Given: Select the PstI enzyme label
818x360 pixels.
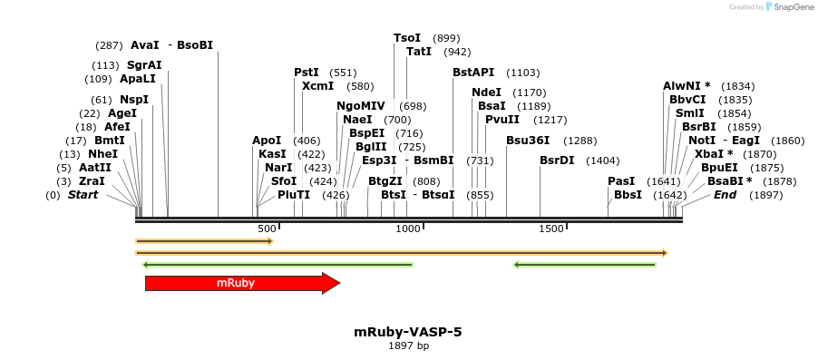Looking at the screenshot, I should (x=307, y=73).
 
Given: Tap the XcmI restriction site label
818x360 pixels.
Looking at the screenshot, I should (x=318, y=86).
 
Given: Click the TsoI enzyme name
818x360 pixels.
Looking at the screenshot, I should (x=407, y=38).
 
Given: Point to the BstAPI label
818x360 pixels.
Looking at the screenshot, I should (x=474, y=73).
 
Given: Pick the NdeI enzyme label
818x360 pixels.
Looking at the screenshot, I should (x=487, y=92).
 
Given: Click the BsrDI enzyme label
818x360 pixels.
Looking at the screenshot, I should (x=557, y=161).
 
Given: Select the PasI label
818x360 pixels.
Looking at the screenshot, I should (x=621, y=181).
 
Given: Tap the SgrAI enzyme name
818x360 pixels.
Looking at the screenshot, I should (x=144, y=65).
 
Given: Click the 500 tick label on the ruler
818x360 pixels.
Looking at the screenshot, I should (x=267, y=229).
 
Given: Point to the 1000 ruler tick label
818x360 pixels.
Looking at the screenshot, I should (x=407, y=229).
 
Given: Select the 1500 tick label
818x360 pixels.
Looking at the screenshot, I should (x=551, y=229).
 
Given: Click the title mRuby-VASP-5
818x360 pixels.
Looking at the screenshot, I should (x=408, y=332).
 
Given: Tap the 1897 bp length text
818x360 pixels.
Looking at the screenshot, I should (x=408, y=345).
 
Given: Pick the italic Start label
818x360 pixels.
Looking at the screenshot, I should (x=83, y=195).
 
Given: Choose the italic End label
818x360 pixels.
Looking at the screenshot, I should (x=725, y=195).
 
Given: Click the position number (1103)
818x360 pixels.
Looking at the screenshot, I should (x=522, y=73).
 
